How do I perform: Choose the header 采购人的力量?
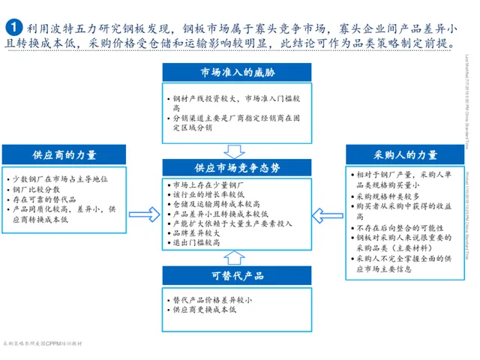[405, 155]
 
